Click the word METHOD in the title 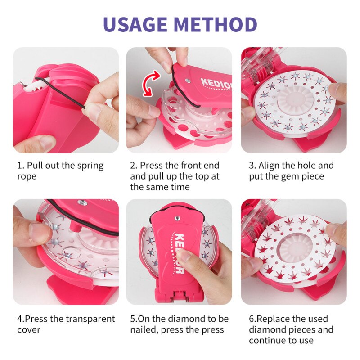tap(220, 24)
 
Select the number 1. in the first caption tap(21, 166)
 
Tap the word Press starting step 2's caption tap(152, 166)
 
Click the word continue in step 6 tap(269, 341)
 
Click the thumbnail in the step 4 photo tap(38, 230)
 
